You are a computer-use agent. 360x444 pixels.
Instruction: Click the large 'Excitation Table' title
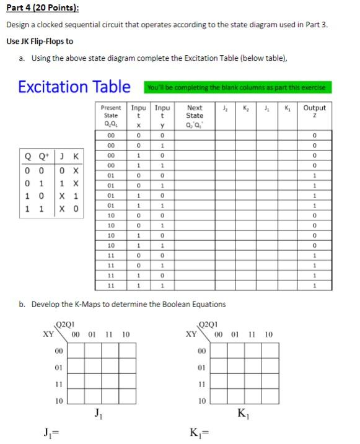coord(74,86)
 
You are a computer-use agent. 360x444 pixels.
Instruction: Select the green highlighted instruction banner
coord(235,87)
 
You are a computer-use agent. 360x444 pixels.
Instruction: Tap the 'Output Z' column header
coord(314,111)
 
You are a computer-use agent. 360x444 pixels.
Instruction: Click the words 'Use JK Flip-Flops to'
coord(40,41)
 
